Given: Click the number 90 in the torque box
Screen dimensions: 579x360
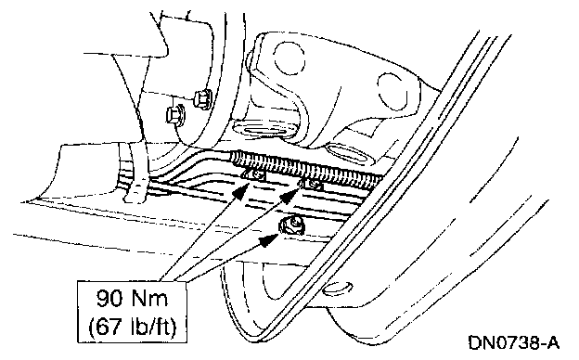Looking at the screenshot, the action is (x=109, y=299).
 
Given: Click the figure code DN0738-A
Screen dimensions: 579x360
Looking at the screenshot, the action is (x=514, y=342).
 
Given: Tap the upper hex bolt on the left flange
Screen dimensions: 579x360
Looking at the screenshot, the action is (x=202, y=98).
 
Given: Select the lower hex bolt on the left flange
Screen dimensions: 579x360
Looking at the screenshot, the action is (x=175, y=114).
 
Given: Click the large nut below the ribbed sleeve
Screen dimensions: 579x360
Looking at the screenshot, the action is (x=291, y=225).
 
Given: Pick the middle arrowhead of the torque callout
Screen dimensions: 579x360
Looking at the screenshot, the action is (x=291, y=195).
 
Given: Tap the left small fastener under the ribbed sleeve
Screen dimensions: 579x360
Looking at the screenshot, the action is (x=256, y=174).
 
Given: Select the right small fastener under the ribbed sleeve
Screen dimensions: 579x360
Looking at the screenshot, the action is (x=313, y=184).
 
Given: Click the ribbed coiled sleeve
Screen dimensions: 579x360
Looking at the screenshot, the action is (x=305, y=167).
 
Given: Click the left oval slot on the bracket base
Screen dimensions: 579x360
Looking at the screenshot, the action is (x=264, y=130).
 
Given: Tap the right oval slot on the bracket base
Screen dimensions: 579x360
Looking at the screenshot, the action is (x=347, y=154).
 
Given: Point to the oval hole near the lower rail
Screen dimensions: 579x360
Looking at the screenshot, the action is (x=338, y=289).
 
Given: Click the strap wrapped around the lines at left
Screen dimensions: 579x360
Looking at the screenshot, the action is (x=134, y=174).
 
